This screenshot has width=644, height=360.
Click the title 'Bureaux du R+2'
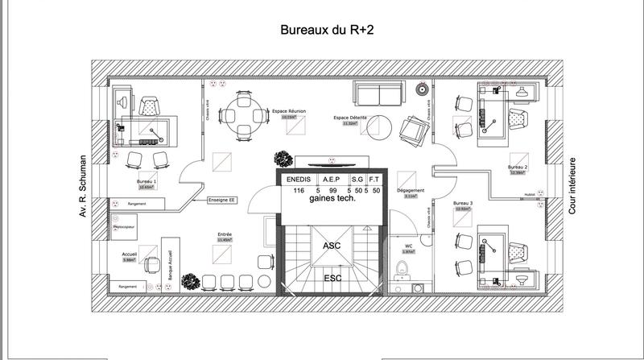point(325,31)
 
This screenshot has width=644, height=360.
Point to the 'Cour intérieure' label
point(573,187)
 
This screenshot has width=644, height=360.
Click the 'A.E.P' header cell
point(330,180)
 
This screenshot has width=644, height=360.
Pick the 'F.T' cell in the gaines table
point(376,180)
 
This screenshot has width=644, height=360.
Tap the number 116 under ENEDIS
point(299,190)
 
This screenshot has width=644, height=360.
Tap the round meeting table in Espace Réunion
point(242,114)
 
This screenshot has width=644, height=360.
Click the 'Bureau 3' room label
point(462,203)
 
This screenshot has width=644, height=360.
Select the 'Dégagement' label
point(411,191)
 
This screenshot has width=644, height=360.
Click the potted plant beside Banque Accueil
point(189,281)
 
